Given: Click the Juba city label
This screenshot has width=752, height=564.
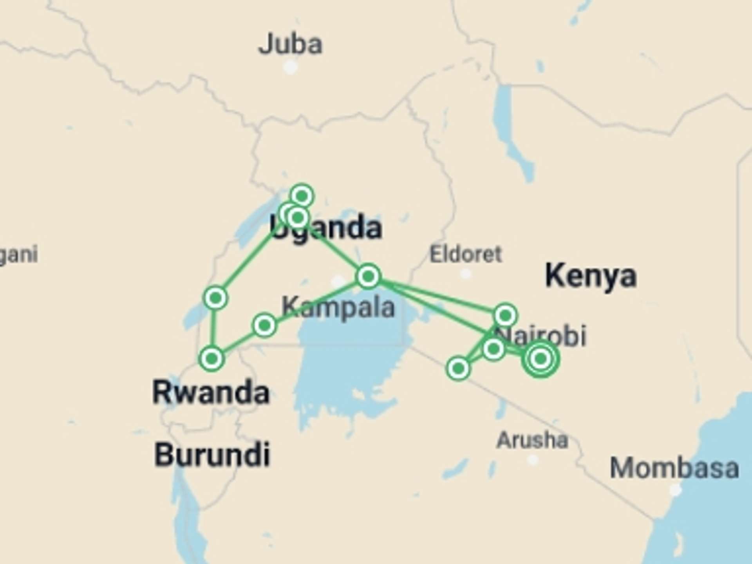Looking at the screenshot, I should click(290, 44).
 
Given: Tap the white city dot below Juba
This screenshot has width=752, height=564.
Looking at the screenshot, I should click(290, 67).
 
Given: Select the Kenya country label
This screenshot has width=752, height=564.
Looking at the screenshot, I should click(591, 276).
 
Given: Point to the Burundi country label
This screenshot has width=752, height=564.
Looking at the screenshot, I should click(212, 454).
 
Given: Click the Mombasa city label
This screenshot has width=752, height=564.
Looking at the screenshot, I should click(674, 468).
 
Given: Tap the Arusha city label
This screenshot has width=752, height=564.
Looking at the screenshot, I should click(532, 440).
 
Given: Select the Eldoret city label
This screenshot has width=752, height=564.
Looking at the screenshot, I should click(466, 255).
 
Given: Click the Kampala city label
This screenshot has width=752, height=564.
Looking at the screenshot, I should click(338, 307).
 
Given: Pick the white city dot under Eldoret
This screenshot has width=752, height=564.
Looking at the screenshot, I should click(465, 274).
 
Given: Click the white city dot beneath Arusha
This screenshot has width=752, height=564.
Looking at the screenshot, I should click(533, 459).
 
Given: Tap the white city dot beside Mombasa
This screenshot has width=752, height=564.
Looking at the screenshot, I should click(675, 490).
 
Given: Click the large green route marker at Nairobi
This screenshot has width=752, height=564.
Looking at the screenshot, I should click(541, 358).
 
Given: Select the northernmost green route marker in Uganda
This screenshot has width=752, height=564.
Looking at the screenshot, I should click(302, 195).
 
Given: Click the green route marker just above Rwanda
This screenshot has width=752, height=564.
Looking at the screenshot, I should click(212, 358).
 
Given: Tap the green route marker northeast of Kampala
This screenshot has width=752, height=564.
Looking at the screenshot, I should click(368, 277).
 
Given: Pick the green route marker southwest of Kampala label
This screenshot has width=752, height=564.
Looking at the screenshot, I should click(264, 325).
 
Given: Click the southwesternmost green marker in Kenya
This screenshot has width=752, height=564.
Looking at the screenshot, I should click(458, 368).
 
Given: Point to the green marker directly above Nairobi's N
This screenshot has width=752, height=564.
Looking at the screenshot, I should click(505, 315).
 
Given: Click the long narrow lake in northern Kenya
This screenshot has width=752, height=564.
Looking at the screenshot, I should click(509, 129).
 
